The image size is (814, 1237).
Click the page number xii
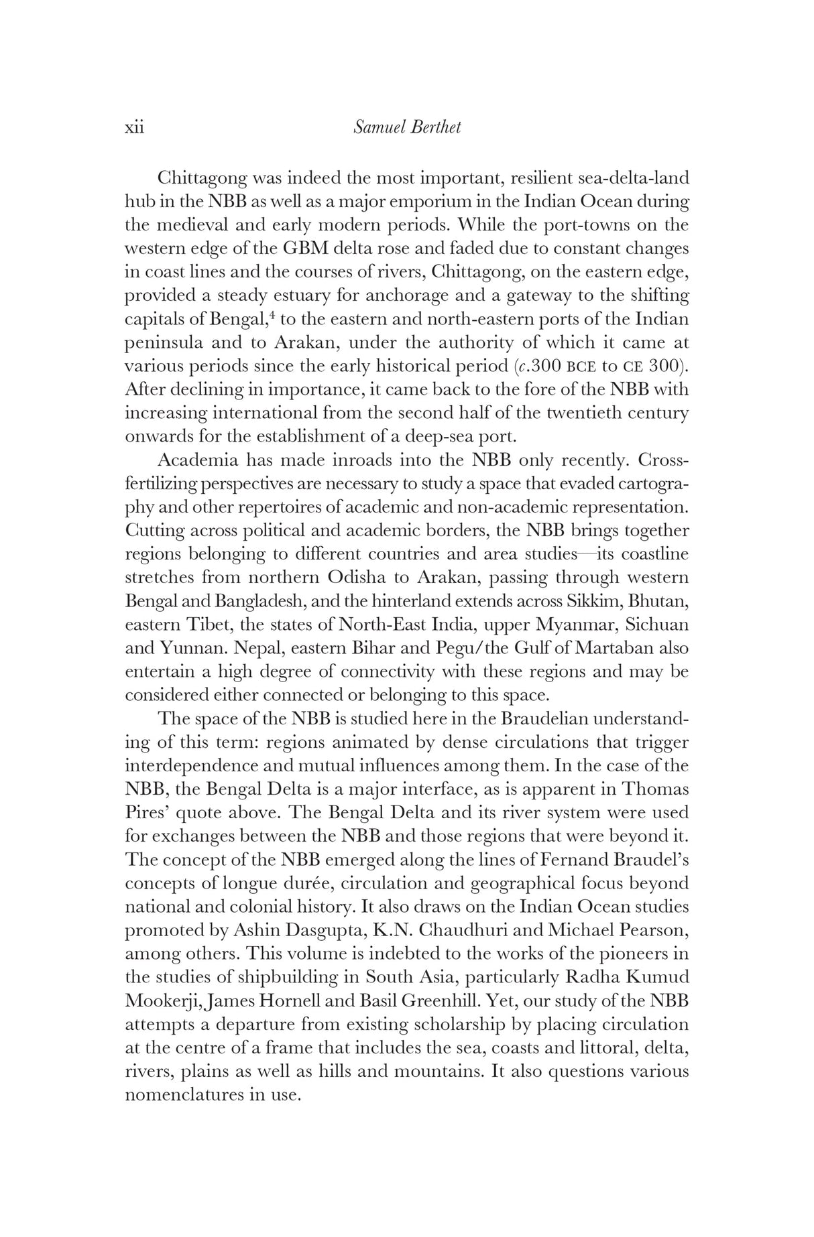[x=135, y=127]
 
